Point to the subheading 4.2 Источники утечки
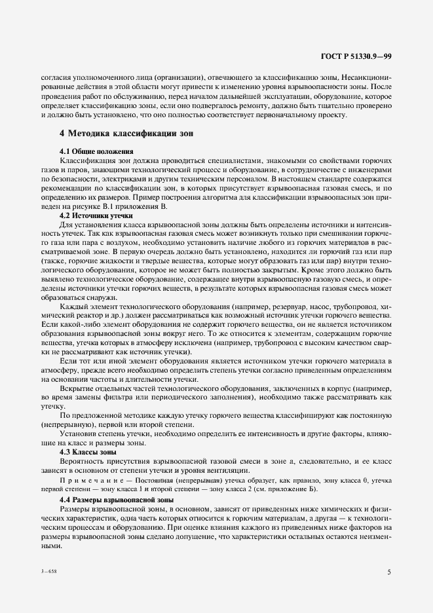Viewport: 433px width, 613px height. point(96,215)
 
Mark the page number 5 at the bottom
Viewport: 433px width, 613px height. point(389,572)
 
